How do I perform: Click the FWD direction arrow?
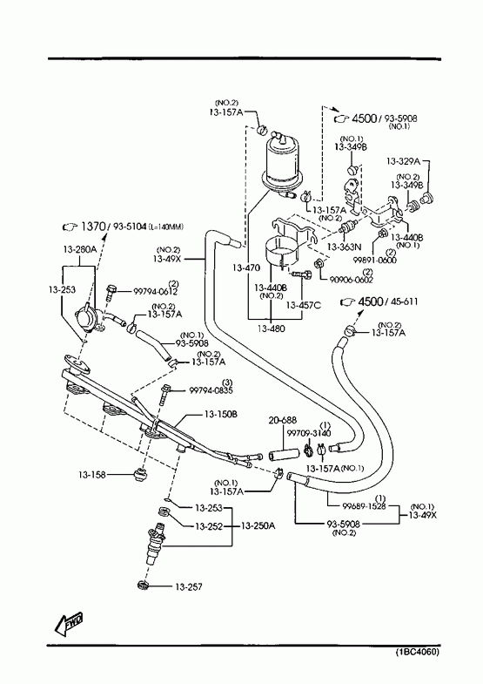click(x=68, y=624)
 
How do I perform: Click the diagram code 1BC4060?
click(x=417, y=652)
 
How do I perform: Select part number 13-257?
click(x=189, y=587)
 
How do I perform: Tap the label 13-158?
click(x=92, y=475)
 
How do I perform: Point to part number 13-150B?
click(x=221, y=414)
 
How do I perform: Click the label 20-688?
click(x=283, y=420)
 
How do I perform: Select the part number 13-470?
click(x=246, y=268)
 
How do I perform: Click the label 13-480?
click(x=271, y=328)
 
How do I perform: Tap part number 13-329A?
click(x=403, y=161)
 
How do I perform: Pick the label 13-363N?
click(x=344, y=247)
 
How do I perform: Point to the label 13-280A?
click(x=80, y=249)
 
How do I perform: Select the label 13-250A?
click(x=258, y=525)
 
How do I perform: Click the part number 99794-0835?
click(x=211, y=390)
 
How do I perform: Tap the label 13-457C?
click(x=303, y=305)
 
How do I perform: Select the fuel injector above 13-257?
click(x=157, y=546)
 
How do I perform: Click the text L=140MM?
click(x=166, y=227)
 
